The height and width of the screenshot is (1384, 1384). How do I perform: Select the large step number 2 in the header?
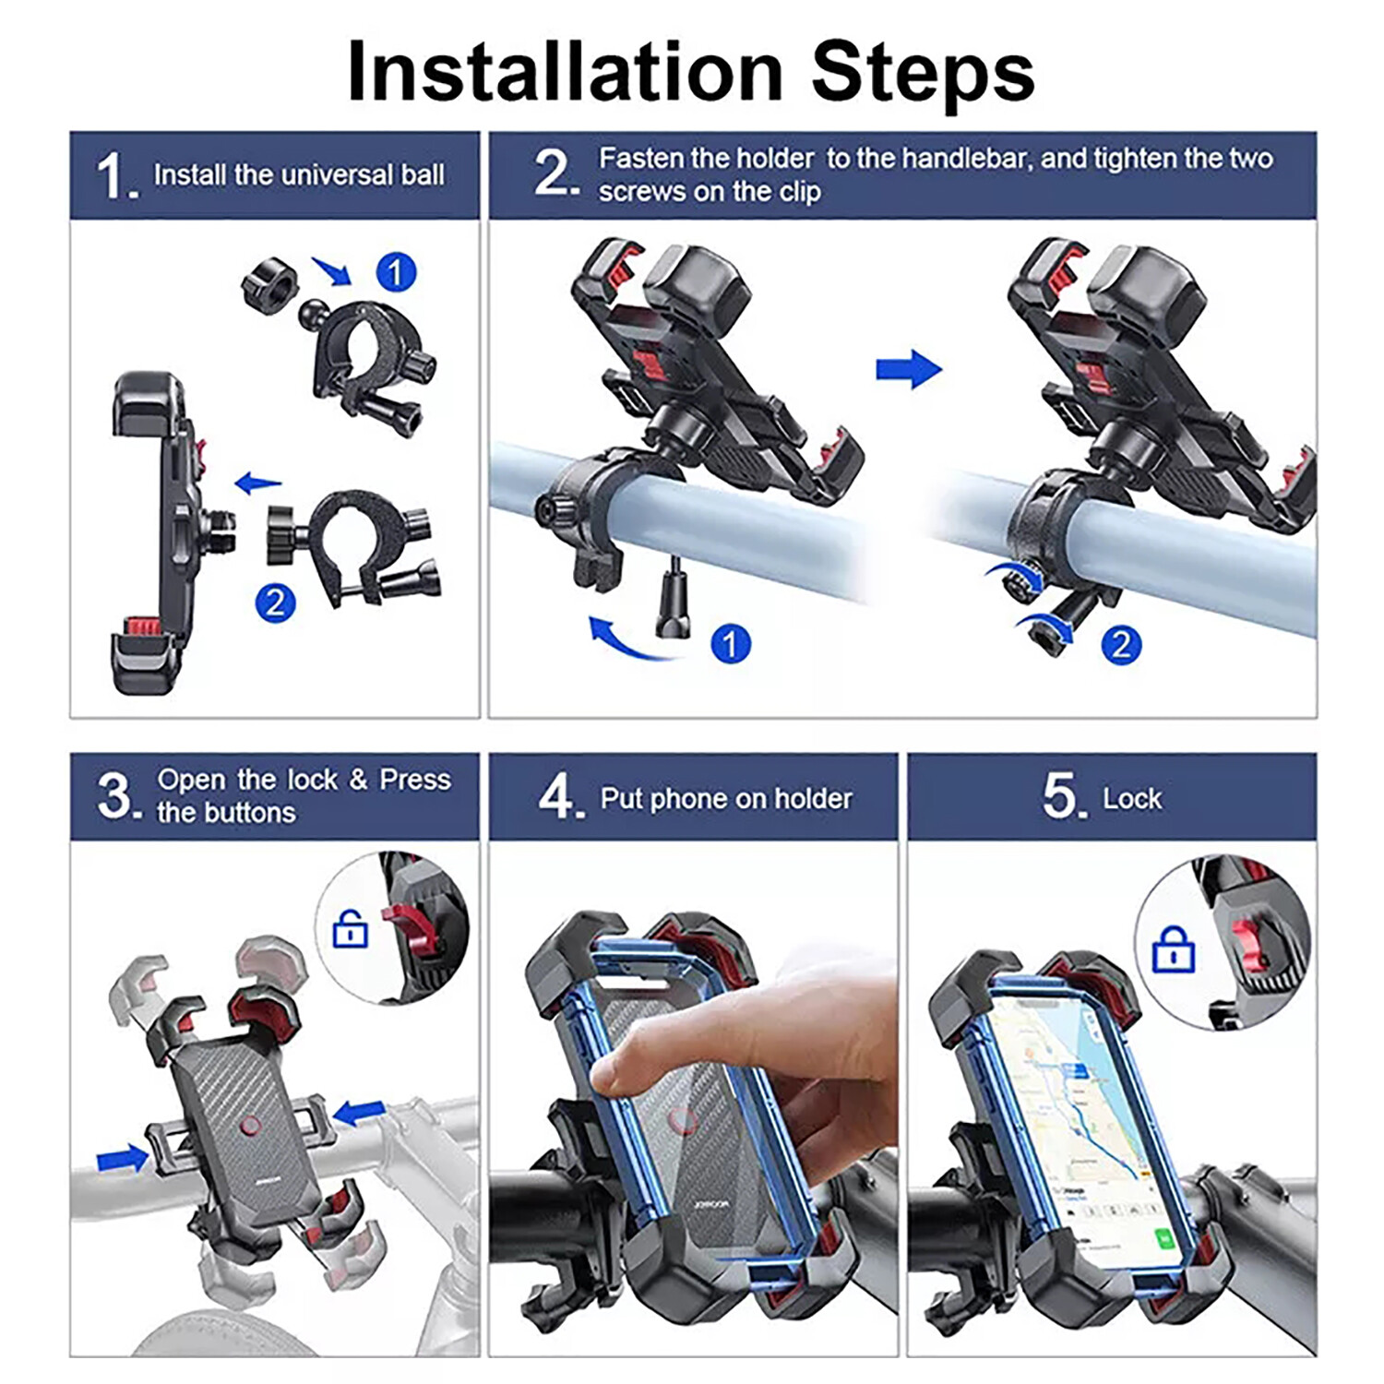tap(555, 173)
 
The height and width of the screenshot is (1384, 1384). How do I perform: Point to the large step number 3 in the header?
tap(116, 795)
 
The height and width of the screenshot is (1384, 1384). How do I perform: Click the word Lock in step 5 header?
tap(1132, 798)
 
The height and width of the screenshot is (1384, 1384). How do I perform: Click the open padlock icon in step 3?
tap(350, 929)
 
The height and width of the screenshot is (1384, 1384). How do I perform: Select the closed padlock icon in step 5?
tap(1173, 949)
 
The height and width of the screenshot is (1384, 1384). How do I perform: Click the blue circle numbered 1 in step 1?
tap(397, 272)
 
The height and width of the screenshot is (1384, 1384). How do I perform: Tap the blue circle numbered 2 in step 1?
tap(275, 603)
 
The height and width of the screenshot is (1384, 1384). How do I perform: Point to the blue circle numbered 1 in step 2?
tap(730, 644)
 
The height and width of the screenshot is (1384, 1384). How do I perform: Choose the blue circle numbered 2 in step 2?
tap(1121, 644)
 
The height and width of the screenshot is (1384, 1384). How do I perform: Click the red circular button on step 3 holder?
tap(249, 1127)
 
